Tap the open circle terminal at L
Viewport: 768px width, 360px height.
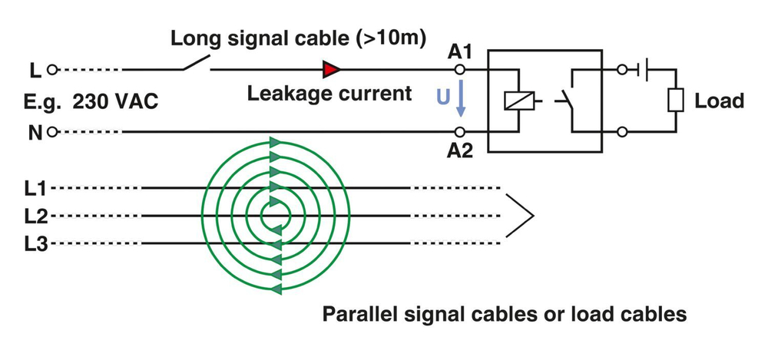point(53,70)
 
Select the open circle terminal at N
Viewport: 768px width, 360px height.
point(53,131)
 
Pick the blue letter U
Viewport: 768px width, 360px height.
point(443,97)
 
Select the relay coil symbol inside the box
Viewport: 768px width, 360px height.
point(513,101)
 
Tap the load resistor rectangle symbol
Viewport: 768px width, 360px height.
point(677,101)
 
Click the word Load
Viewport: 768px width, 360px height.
point(719,101)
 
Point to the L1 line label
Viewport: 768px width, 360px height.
point(36,187)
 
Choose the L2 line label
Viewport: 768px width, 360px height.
point(36,216)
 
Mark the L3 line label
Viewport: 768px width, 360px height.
point(36,244)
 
